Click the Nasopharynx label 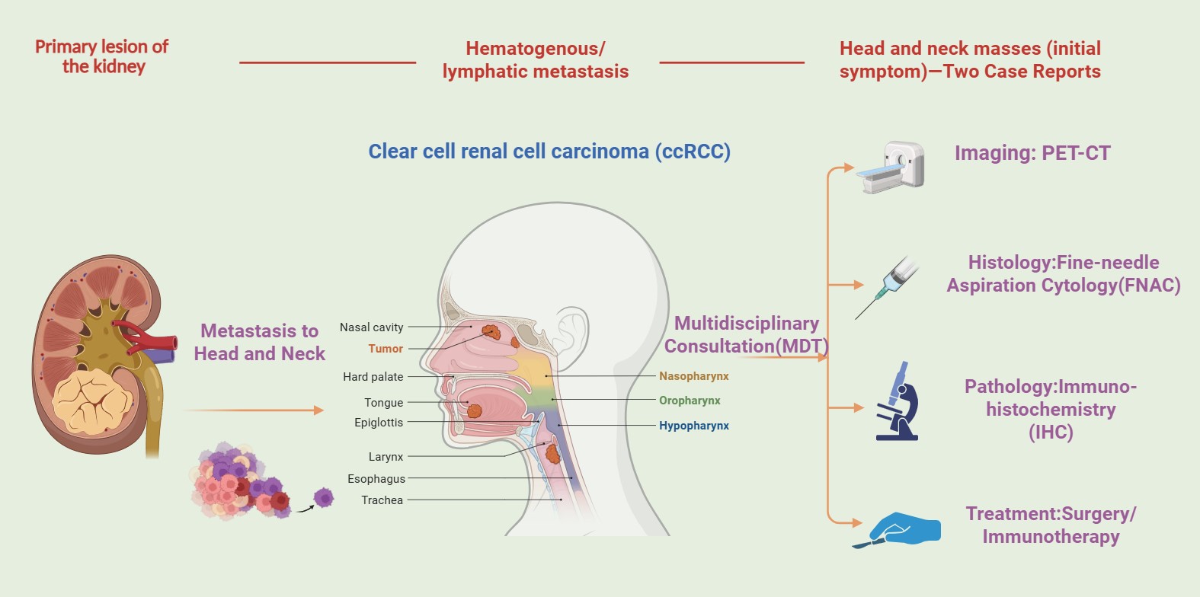click(694, 376)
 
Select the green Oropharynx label click(690, 400)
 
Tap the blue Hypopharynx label click(694, 425)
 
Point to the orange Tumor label click(386, 349)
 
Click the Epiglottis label click(378, 423)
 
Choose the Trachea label click(382, 500)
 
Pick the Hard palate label click(373, 377)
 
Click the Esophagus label click(376, 479)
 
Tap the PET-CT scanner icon click(891, 167)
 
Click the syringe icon click(887, 288)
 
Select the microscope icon click(898, 401)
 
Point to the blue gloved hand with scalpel click(897, 530)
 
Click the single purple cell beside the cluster click(324, 497)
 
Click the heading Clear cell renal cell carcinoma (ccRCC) click(549, 152)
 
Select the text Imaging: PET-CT click(1032, 153)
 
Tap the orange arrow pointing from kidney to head click(254, 410)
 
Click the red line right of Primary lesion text click(328, 62)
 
